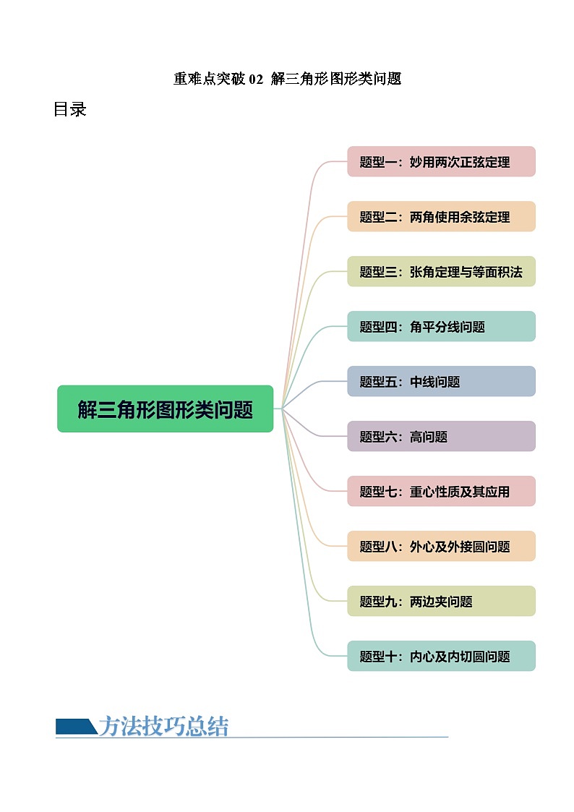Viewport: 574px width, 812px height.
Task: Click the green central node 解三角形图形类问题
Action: tap(165, 409)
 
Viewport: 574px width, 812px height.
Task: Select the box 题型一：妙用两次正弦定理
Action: tap(441, 161)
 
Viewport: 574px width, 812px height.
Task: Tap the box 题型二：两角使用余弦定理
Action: tap(441, 216)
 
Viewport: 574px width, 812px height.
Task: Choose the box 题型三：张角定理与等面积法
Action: tap(441, 271)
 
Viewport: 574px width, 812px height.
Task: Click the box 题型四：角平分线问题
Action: tap(441, 326)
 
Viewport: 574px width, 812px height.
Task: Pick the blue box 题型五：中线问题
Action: tap(441, 381)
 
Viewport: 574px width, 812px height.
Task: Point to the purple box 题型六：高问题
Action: tap(441, 436)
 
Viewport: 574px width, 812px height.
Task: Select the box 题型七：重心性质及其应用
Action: tap(441, 491)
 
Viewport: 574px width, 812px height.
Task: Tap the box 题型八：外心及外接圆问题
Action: tap(441, 546)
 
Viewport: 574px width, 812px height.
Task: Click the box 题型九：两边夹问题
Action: tap(441, 601)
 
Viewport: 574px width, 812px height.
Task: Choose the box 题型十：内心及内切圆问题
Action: tap(441, 656)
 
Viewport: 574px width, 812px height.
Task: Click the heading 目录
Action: tap(70, 109)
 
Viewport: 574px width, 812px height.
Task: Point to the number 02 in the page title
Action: tap(256, 79)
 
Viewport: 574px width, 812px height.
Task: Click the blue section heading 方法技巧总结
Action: tap(163, 726)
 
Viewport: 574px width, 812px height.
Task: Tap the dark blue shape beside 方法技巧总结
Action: tap(76, 726)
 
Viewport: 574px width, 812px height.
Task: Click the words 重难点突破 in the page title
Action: tap(210, 79)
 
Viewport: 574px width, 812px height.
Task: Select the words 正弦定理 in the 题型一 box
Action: tap(485, 162)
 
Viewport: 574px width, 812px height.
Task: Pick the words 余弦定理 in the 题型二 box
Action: tap(485, 217)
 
